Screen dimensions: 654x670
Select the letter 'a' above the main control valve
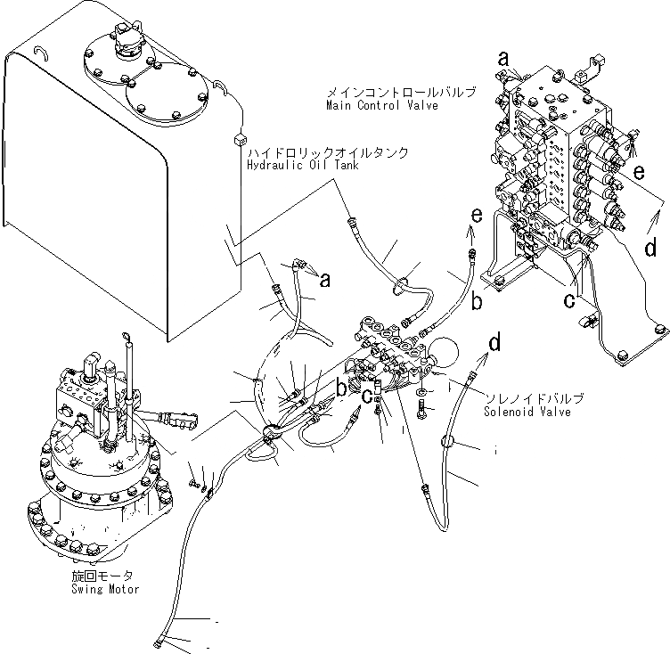[503, 59]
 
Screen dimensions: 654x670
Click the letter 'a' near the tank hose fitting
[324, 280]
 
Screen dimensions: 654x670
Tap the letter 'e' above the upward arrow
[477, 216]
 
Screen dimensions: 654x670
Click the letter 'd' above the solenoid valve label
[494, 342]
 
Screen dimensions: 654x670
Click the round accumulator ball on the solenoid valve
[443, 353]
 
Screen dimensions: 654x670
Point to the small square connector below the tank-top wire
[238, 138]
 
